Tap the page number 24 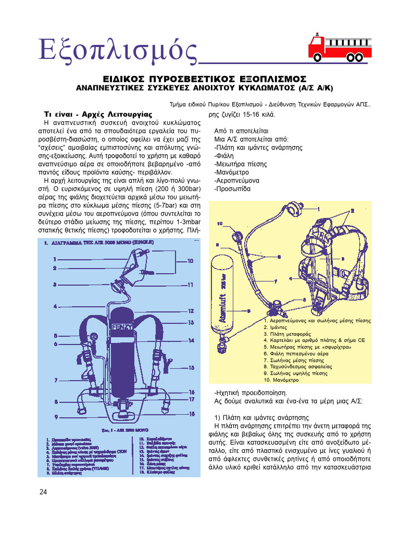coord(43,492)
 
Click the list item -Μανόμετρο coord(232,172)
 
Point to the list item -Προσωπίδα coord(232,189)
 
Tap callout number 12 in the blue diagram coord(191,311)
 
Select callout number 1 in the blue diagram coord(55,259)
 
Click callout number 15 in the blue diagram coord(191,367)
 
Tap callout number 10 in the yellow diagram coord(219,224)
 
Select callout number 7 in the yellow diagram coord(275,282)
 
